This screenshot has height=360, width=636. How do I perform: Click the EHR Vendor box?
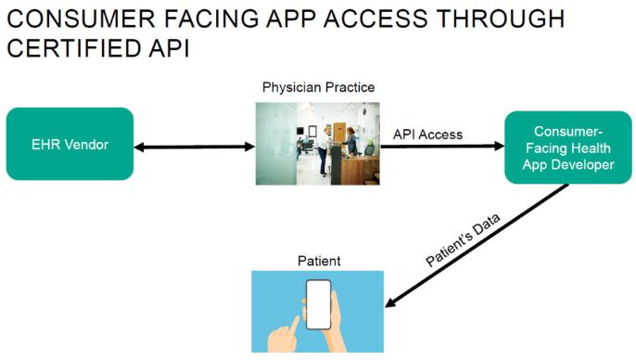70,144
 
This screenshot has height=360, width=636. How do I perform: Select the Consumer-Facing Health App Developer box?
567,148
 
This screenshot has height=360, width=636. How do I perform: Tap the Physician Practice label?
318,87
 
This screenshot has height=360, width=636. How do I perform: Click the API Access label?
427,135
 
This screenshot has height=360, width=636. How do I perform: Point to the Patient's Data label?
463,240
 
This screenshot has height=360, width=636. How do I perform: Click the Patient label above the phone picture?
319,261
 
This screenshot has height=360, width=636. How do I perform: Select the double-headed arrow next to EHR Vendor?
195,147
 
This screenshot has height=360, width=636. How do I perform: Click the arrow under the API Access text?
442,146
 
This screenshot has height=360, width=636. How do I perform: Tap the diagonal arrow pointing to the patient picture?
477,246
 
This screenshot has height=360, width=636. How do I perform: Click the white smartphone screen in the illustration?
318,304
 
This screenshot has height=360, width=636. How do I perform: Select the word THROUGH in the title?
501,19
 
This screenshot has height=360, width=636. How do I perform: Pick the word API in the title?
169,48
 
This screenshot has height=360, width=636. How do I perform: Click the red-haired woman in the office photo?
350,141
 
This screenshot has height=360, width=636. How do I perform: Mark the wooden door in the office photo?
339,132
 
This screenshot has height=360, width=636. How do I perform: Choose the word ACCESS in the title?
375,19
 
